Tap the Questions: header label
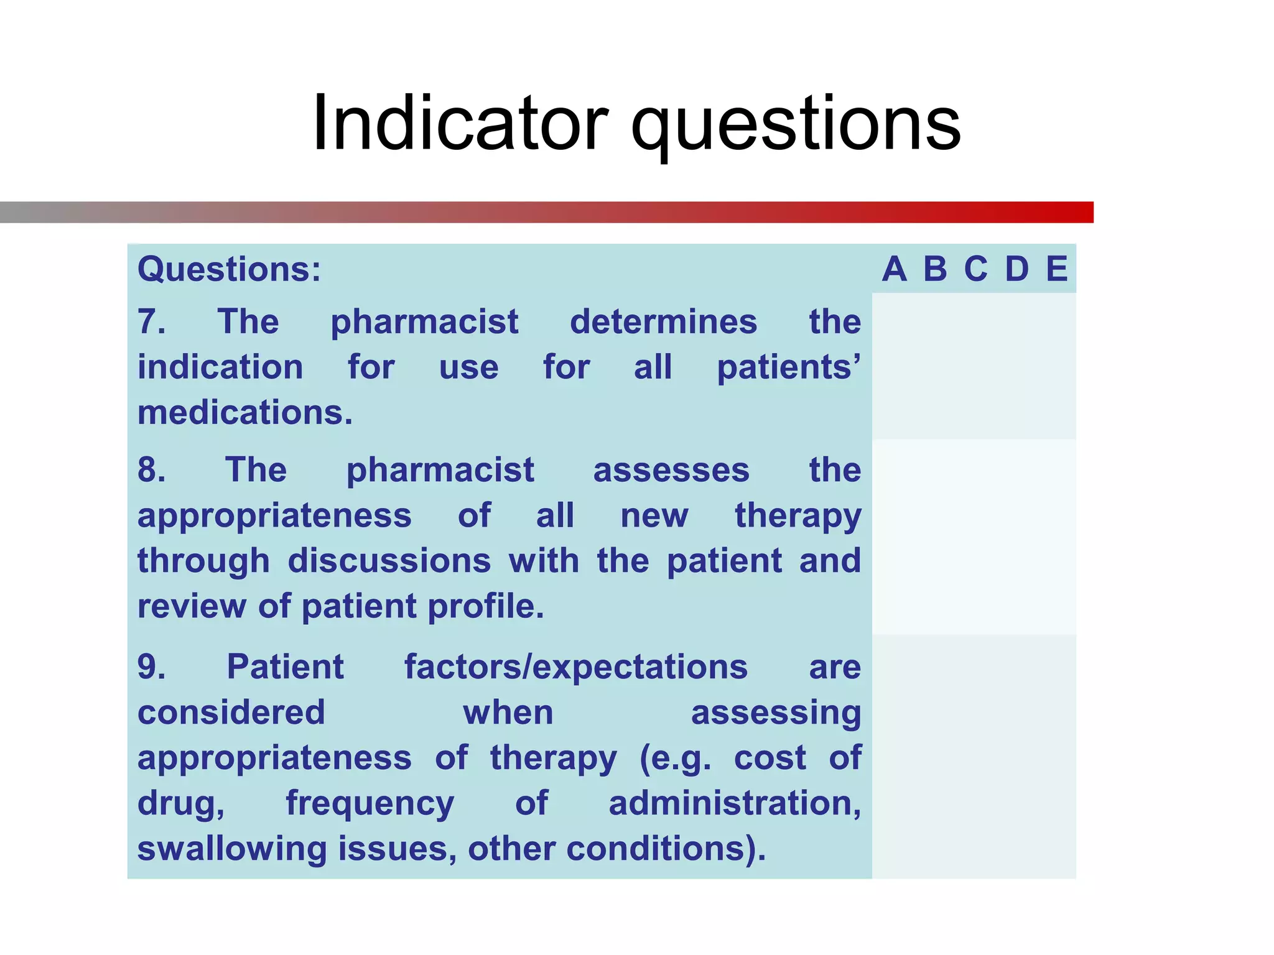pyautogui.click(x=229, y=269)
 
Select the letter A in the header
pyautogui.click(x=894, y=269)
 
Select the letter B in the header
pyautogui.click(x=934, y=269)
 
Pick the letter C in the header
pyautogui.click(x=975, y=269)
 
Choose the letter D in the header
pyautogui.click(x=1016, y=269)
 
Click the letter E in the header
pyautogui.click(x=1056, y=269)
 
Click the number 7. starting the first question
pyautogui.click(x=151, y=322)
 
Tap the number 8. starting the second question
pyautogui.click(x=151, y=469)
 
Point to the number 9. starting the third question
pyautogui.click(x=151, y=667)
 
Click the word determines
pyautogui.click(x=663, y=322)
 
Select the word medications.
pyautogui.click(x=244, y=412)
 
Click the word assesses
pyautogui.click(x=671, y=470)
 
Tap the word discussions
pyautogui.click(x=389, y=561)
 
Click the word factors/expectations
pyautogui.click(x=575, y=667)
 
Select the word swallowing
pyautogui.click(x=231, y=849)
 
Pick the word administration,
pyautogui.click(x=734, y=803)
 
